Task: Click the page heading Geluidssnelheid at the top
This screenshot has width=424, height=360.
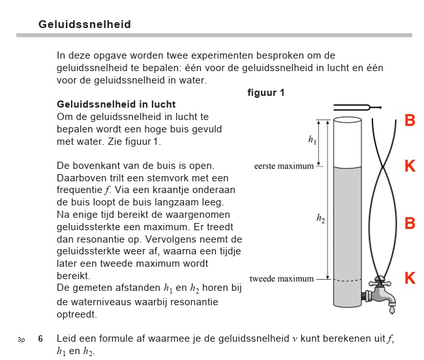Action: coord(85,24)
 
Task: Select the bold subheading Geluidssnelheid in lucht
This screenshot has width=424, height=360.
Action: coord(116,104)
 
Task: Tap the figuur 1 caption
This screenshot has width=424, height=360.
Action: coord(265,93)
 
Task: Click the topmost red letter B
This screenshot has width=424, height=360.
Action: coord(410,121)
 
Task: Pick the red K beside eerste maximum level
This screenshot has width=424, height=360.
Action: coord(410,166)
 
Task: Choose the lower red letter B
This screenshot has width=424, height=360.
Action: coord(410,224)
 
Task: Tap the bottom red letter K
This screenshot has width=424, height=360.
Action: coord(410,278)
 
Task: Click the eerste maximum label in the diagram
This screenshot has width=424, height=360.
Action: coord(284,166)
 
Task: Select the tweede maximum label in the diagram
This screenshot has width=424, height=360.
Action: coord(282,279)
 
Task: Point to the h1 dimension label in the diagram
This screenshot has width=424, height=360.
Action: coord(312,139)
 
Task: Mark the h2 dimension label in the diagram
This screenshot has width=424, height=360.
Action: coord(320,220)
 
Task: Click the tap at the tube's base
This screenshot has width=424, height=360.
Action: coord(381,292)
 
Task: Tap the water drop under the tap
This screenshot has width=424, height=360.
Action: coord(391,310)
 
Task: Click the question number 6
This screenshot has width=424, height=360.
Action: coord(40,338)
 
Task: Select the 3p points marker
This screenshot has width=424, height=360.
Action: coord(21,339)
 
